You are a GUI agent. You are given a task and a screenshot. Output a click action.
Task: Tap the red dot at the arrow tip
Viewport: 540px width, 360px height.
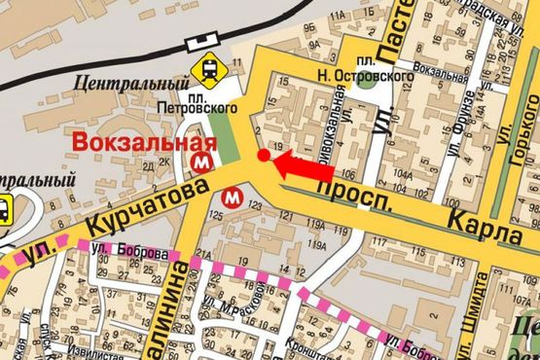click(264, 156)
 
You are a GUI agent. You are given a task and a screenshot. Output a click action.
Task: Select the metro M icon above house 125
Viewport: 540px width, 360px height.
click(233, 197)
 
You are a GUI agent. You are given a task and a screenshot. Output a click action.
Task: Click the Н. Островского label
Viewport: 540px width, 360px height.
click(345, 72)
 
